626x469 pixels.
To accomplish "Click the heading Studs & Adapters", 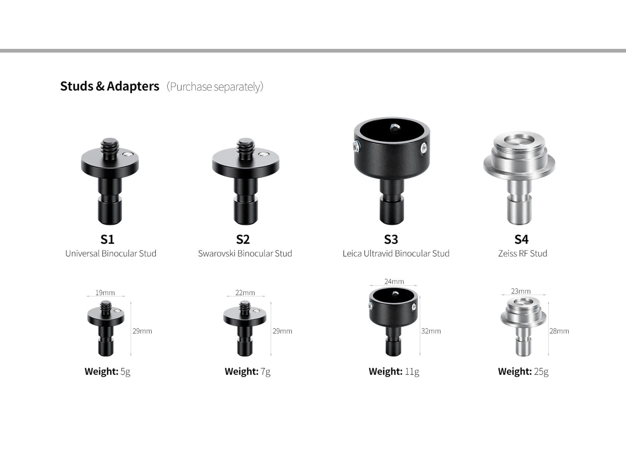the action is (x=110, y=86).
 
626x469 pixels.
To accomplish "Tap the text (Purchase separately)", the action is (x=215, y=86).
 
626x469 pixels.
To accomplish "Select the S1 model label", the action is (x=107, y=239).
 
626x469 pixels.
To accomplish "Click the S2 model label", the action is (x=243, y=239).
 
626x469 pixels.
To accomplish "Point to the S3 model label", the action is (x=391, y=239).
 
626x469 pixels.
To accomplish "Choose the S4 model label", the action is (x=521, y=239).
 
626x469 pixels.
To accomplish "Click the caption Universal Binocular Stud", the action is (x=111, y=253).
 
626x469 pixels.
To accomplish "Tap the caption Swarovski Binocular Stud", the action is (x=245, y=253).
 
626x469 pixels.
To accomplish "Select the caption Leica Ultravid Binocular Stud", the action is (x=396, y=253).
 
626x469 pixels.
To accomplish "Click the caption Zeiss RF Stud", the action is (x=522, y=253).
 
